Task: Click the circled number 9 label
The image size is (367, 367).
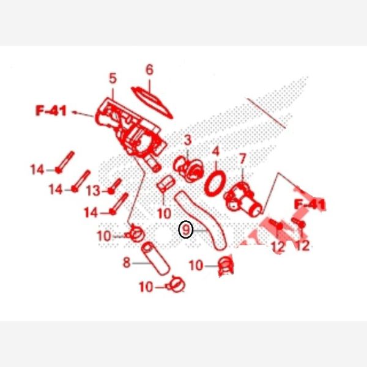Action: (185, 229)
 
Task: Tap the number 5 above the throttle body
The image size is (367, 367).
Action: (113, 78)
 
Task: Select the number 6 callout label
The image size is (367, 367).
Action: (150, 70)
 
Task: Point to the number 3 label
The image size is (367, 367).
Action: (188, 140)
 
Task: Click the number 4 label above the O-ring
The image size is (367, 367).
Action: (215, 151)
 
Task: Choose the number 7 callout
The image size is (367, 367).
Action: (242, 158)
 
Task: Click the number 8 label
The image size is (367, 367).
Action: (127, 262)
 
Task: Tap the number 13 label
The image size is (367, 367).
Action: (94, 191)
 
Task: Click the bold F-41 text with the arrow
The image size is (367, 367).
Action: (51, 111)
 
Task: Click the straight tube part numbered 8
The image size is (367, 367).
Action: (156, 259)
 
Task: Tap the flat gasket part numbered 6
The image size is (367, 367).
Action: (152, 102)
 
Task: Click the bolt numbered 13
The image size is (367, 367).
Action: (115, 187)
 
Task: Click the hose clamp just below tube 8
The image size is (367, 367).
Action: (176, 284)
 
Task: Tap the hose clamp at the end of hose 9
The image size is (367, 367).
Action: (226, 265)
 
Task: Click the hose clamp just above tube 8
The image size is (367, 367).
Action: (135, 234)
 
